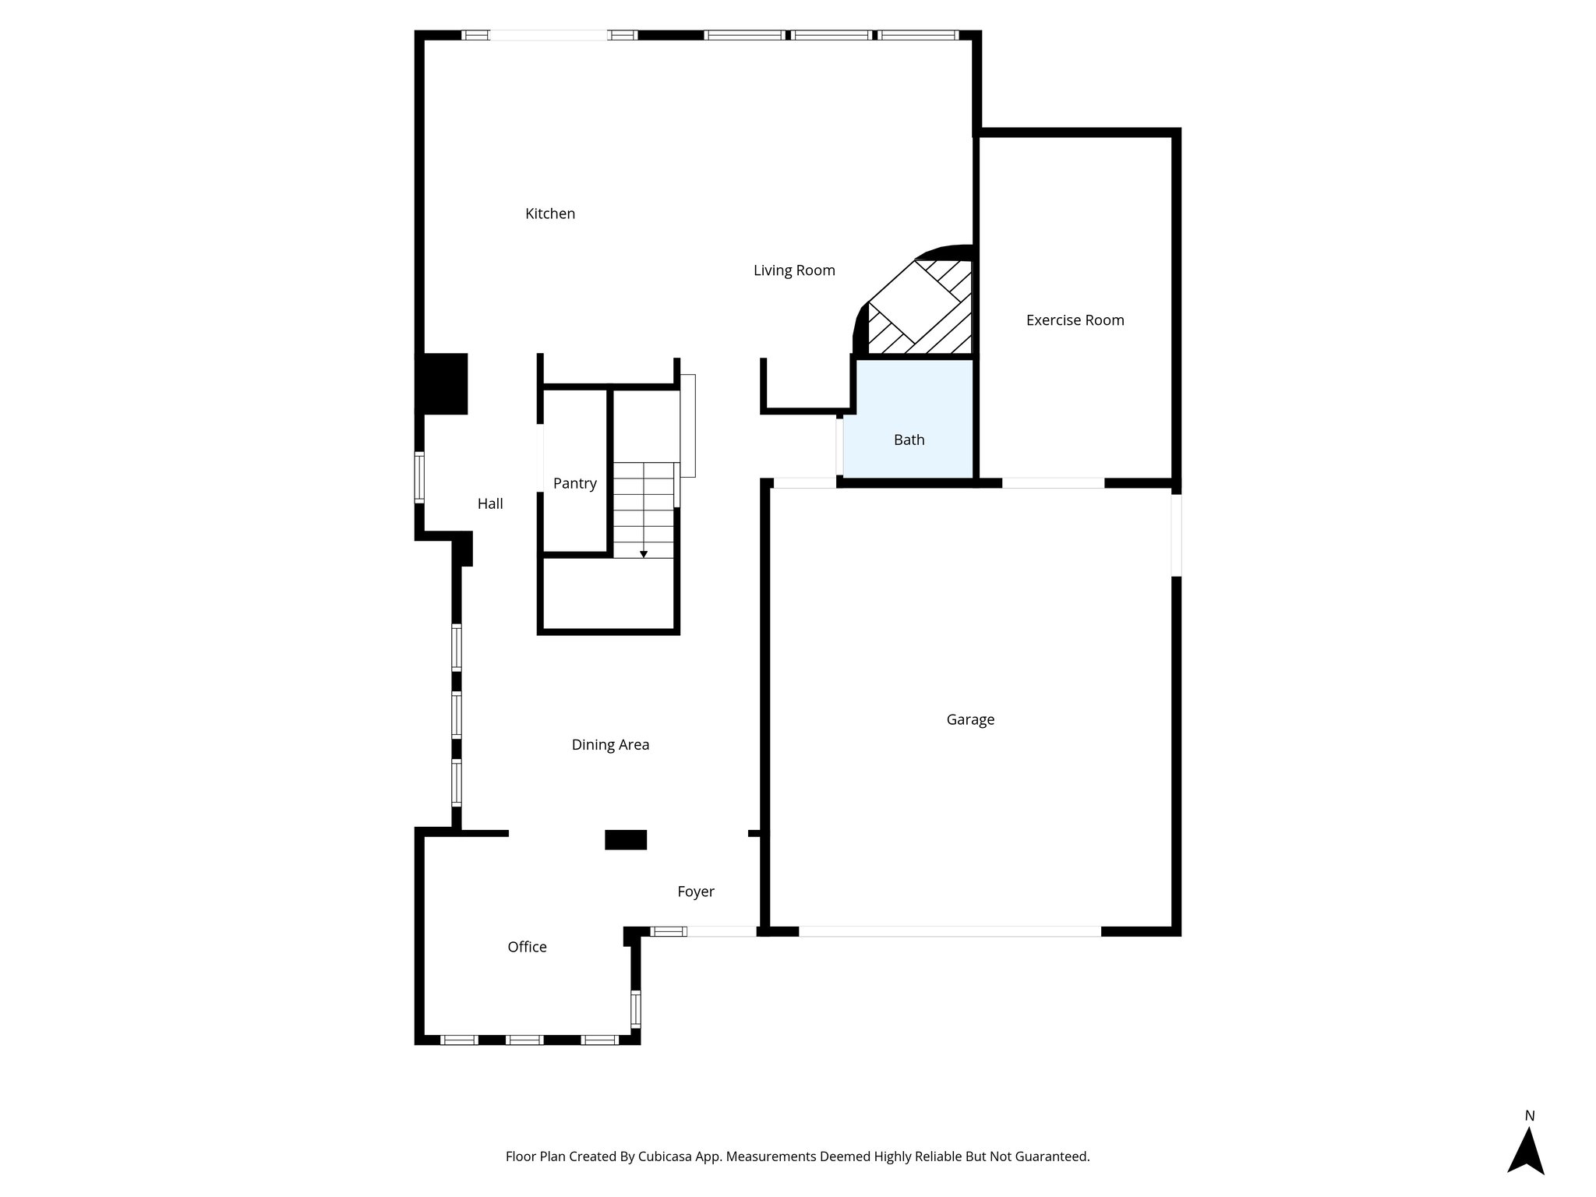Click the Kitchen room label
pyautogui.click(x=550, y=214)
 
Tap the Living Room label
pyautogui.click(x=794, y=270)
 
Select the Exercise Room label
pyautogui.click(x=1075, y=320)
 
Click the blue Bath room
pyautogui.click(x=909, y=440)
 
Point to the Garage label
pyautogui.click(x=970, y=719)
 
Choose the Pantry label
pyautogui.click(x=575, y=483)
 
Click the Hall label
pyautogui.click(x=490, y=504)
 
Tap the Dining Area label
pyautogui.click(x=610, y=745)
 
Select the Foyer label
pyautogui.click(x=696, y=892)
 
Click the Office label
pyautogui.click(x=527, y=947)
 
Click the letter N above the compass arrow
pyautogui.click(x=1530, y=1116)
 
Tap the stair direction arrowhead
pyautogui.click(x=644, y=554)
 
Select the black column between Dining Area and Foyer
pyautogui.click(x=626, y=839)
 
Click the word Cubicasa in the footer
pyautogui.click(x=667, y=1156)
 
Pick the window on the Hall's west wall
pyautogui.click(x=419, y=477)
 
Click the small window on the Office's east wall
pyautogui.click(x=635, y=1008)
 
